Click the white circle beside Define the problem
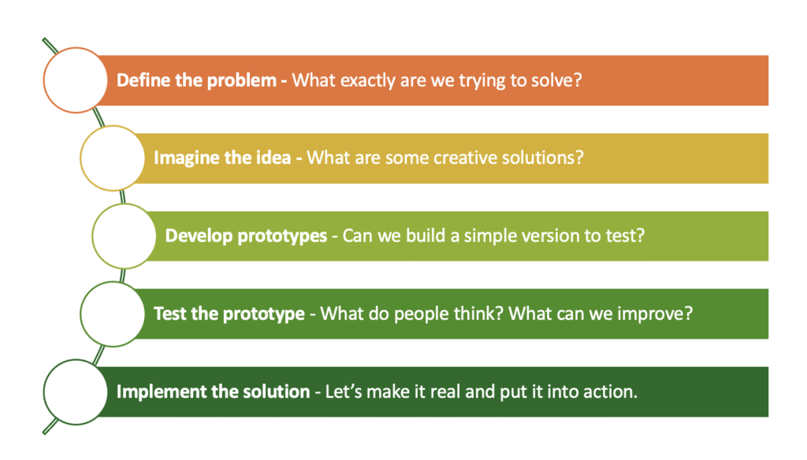tap(75, 80)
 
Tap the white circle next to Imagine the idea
tap(112, 158)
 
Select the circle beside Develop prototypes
tap(124, 236)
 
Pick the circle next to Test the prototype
tap(112, 313)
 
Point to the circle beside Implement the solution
tap(75, 392)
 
